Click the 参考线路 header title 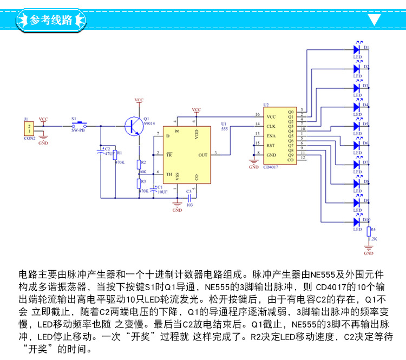click(51, 21)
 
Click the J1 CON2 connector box click(29, 129)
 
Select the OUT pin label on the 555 click(202, 155)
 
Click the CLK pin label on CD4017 click(271, 126)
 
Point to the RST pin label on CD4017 click(271, 145)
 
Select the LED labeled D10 click(357, 222)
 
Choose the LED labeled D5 click(357, 126)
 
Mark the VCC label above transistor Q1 click(139, 101)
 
